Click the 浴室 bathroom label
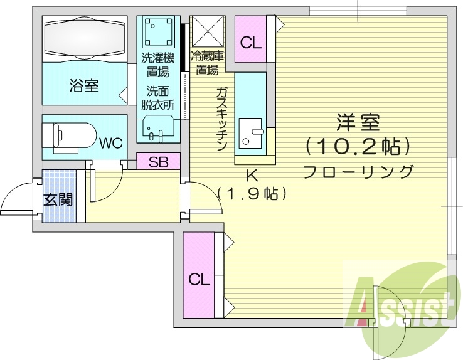pyautogui.click(x=84, y=85)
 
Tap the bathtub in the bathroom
pyautogui.click(x=85, y=38)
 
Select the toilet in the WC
pyautogui.click(x=70, y=137)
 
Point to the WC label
pyautogui.click(x=111, y=144)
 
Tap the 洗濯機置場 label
pyautogui.click(x=158, y=65)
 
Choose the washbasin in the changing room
pyautogui.click(x=158, y=129)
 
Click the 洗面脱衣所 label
pyautogui.click(x=158, y=99)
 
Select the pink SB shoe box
pyautogui.click(x=158, y=161)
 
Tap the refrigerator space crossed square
pyautogui.click(x=208, y=32)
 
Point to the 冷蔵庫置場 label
pyautogui.click(x=207, y=63)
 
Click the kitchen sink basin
pyautogui.click(x=250, y=134)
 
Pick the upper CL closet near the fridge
pyautogui.click(x=251, y=39)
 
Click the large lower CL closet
pyautogui.click(x=199, y=275)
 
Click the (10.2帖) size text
pyautogui.click(x=358, y=146)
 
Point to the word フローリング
pyautogui.click(x=358, y=171)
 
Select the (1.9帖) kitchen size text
pyautogui.click(x=252, y=193)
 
